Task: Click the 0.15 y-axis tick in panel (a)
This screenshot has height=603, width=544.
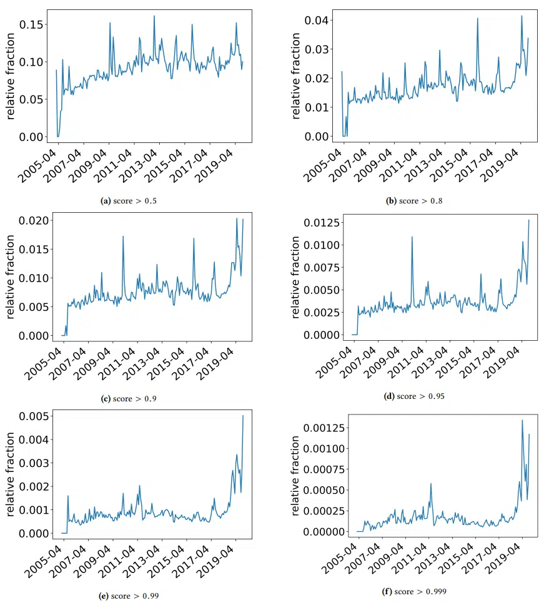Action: (32, 24)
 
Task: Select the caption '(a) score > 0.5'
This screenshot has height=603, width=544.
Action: (129, 201)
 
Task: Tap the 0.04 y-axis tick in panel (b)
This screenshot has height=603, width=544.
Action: (317, 21)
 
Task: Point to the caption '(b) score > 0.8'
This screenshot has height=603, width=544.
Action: (414, 201)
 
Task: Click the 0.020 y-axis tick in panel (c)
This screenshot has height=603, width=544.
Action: (34, 221)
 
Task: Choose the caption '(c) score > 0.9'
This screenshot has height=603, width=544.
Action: (129, 399)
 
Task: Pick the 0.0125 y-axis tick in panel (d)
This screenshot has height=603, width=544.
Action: (322, 223)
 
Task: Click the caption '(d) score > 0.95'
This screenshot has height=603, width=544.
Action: (414, 396)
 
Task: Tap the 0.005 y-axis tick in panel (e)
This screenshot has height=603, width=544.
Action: (34, 416)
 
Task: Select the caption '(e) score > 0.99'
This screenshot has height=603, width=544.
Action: (129, 596)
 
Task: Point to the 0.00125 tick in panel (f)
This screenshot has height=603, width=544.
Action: (324, 428)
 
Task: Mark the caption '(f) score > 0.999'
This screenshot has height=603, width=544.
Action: (414, 592)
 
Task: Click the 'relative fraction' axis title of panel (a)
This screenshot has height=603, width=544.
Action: (11, 76)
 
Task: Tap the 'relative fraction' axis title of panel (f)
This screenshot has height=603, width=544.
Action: (295, 476)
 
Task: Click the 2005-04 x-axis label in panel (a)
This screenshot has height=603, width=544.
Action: (37, 167)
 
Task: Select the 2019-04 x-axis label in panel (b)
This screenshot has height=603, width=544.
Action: (500, 166)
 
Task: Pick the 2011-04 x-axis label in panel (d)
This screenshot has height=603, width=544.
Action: (405, 363)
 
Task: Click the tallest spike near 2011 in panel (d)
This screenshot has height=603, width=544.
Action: (412, 237)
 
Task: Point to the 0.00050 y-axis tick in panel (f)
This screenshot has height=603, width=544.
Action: (324, 490)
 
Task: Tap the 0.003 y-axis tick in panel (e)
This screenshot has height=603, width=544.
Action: (34, 463)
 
